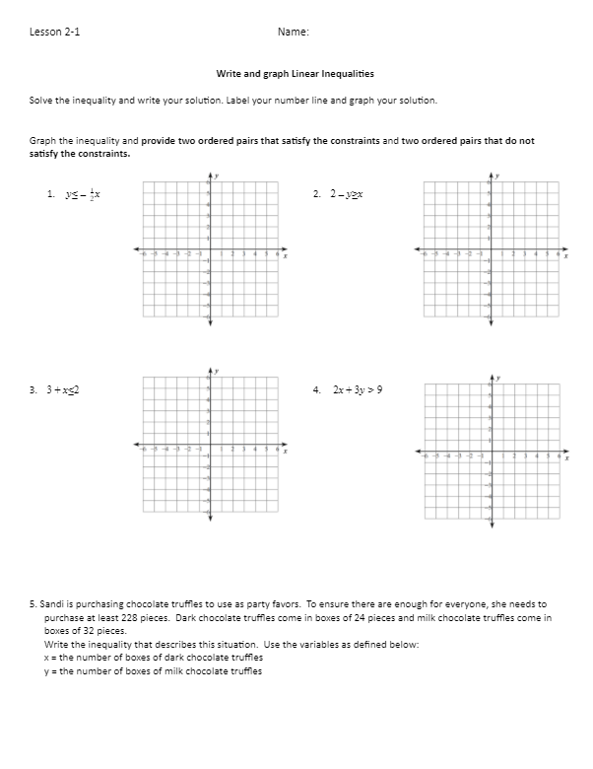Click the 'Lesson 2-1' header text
point(55,32)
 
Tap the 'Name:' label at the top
point(294,32)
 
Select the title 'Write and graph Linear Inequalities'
point(295,74)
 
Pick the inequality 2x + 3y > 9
point(358,389)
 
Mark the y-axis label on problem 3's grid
point(218,372)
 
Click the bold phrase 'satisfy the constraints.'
point(80,153)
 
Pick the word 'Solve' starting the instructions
point(41,101)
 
